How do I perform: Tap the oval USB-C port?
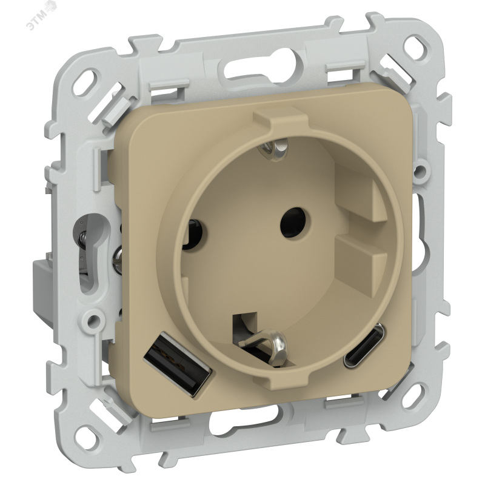point(364,345)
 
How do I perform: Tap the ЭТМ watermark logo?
point(41,15)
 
